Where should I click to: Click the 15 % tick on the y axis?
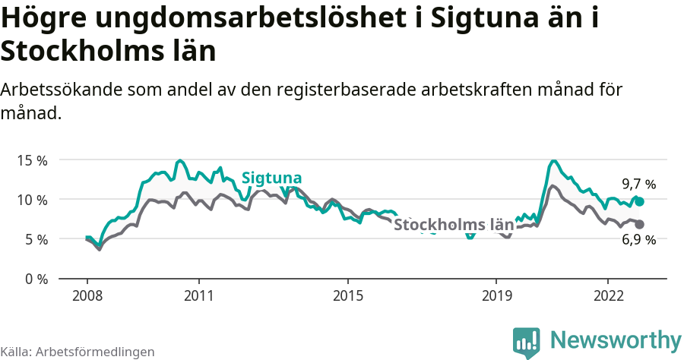pos(33,160)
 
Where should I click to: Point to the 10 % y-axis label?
pos(33,200)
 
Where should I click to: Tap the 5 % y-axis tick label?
pos(36,239)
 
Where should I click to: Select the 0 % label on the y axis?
pos(36,279)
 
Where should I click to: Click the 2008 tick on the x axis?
pos(87,295)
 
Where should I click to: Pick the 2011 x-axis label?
pos(198,295)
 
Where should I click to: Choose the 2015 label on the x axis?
pos(347,295)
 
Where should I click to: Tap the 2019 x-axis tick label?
pos(496,295)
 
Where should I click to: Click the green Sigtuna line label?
pos(271,178)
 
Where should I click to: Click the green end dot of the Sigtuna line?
pos(640,201)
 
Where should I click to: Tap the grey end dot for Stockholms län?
pos(639,224)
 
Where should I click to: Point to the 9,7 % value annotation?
pos(638,184)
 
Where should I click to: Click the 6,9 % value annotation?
pos(638,240)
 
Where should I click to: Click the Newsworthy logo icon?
pos(527,343)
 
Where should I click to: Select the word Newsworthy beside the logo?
pos(616,340)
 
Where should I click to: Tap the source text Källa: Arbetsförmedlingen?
pos(78,352)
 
